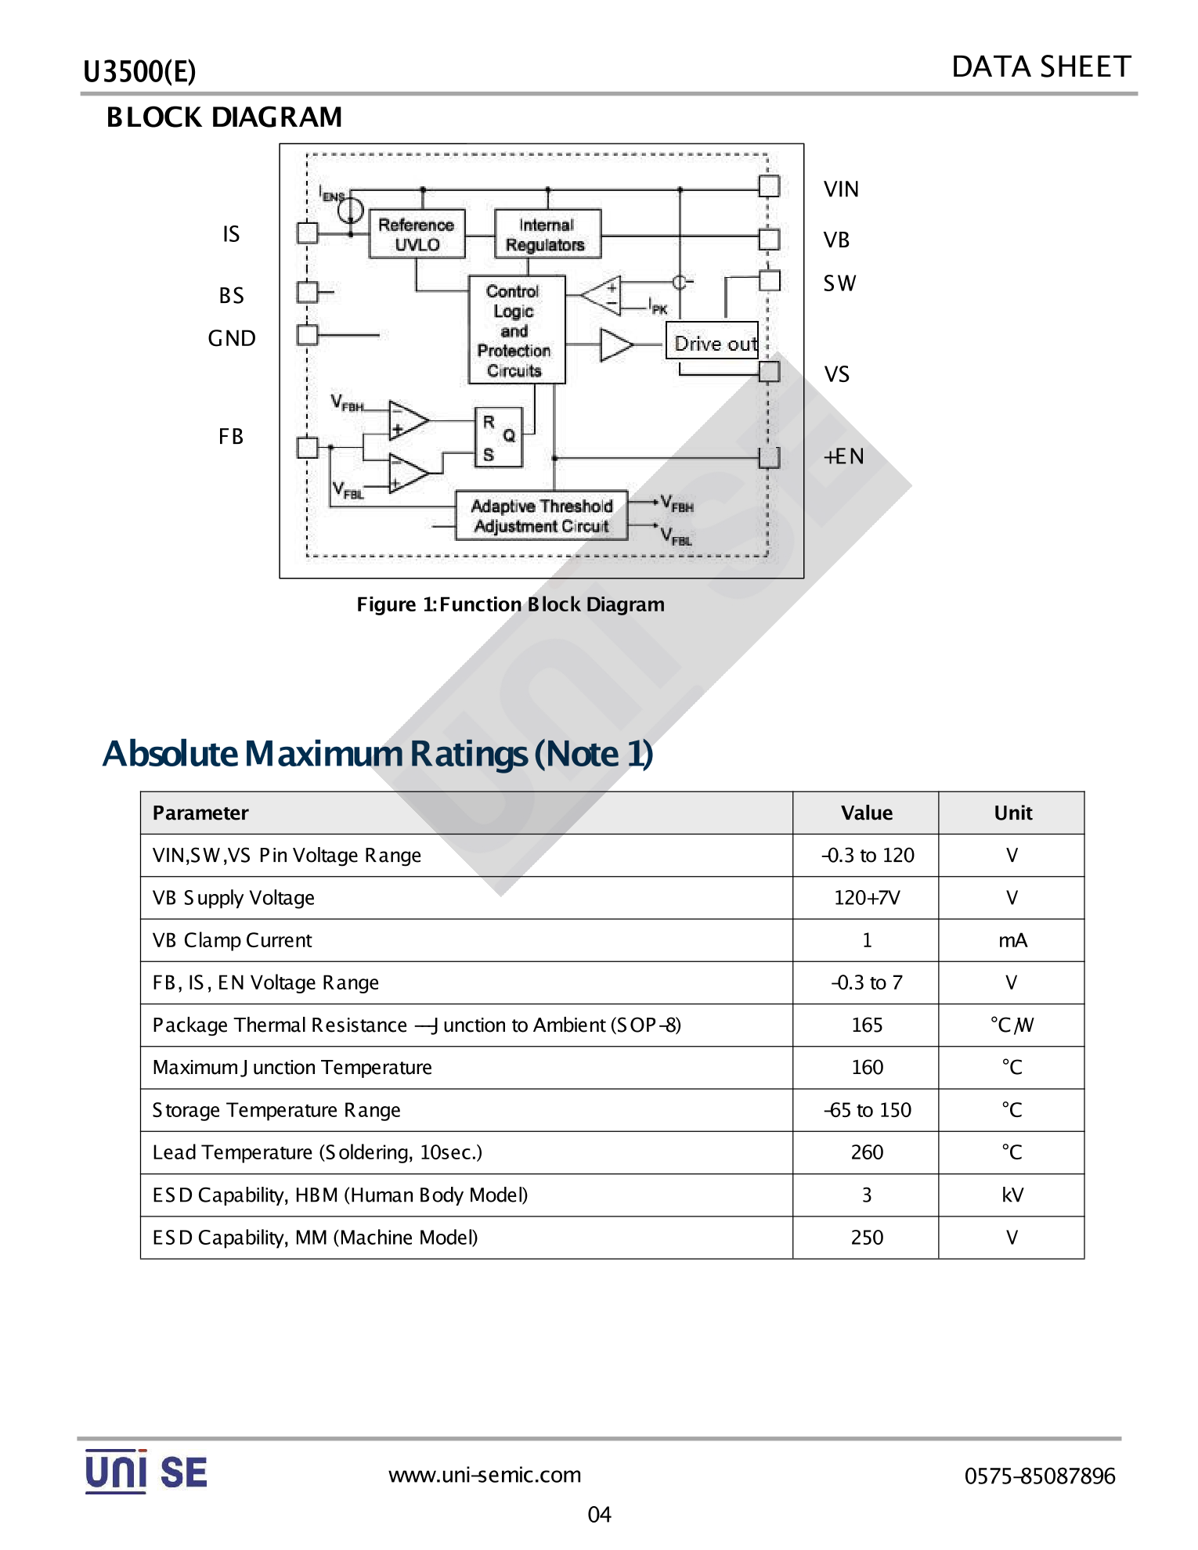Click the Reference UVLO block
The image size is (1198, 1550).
click(417, 234)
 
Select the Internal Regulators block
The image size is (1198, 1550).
click(547, 234)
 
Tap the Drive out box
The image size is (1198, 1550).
click(713, 341)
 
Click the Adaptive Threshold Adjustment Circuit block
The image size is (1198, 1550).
click(542, 516)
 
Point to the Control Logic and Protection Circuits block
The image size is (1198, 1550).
click(516, 330)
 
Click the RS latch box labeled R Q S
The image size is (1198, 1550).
click(498, 437)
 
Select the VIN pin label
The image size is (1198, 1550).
click(841, 189)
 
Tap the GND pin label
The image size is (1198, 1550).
click(232, 338)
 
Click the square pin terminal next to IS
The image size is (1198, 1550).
click(308, 232)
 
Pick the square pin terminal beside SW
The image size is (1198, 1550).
click(770, 280)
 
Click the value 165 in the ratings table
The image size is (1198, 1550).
click(867, 1026)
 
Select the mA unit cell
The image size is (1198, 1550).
click(1012, 940)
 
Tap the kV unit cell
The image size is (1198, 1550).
click(1012, 1195)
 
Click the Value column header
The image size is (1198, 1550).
click(867, 813)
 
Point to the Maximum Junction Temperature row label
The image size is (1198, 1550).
click(292, 1068)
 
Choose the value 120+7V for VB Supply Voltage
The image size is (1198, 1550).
click(867, 898)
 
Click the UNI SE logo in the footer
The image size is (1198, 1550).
click(146, 1472)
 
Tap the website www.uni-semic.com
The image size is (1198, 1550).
click(485, 1476)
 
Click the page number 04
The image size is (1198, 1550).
click(599, 1515)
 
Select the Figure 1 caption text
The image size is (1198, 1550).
click(511, 604)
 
